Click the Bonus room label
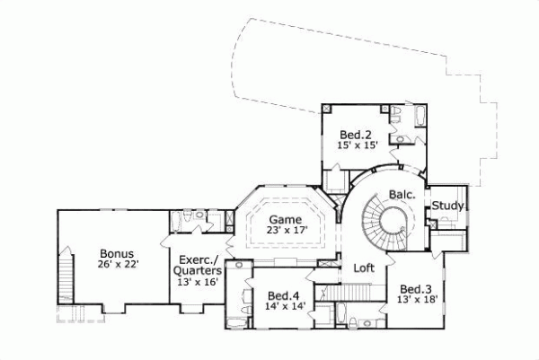pyautogui.click(x=117, y=252)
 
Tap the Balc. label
pyautogui.click(x=401, y=193)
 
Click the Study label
pyautogui.click(x=447, y=206)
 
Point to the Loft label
pyautogui.click(x=363, y=268)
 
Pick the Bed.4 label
pyautogui.click(x=283, y=295)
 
